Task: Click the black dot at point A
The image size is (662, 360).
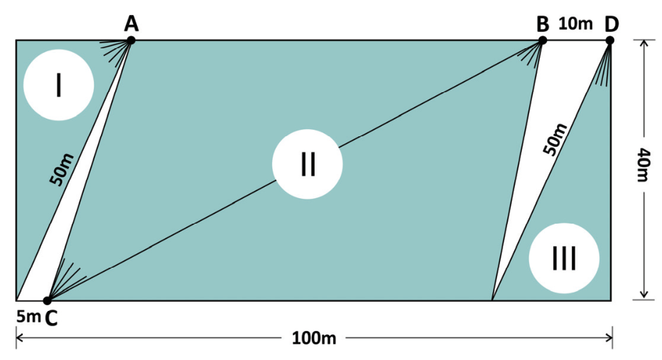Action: click(131, 40)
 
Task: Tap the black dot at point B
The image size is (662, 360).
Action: click(543, 40)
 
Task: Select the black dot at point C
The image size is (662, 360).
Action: click(48, 300)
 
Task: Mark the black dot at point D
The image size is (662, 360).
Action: click(609, 40)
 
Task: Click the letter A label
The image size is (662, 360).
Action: click(131, 23)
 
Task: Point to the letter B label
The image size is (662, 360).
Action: click(543, 24)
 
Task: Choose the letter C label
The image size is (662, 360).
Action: click(50, 319)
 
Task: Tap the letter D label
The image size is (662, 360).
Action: click(611, 24)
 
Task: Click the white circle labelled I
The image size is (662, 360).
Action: click(59, 84)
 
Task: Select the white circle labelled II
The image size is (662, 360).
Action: click(308, 164)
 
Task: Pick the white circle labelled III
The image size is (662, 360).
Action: click(564, 258)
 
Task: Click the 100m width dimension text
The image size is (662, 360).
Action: click(314, 338)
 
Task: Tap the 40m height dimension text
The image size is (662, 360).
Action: click(644, 165)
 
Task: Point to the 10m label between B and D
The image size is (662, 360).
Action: click(576, 23)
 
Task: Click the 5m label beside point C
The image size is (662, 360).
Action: click(28, 316)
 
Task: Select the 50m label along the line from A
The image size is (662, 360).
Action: click(62, 170)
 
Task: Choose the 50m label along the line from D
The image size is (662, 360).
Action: click(555, 140)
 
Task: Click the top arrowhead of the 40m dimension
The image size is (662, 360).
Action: click(644, 44)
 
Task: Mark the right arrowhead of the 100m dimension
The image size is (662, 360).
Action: click(609, 337)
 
